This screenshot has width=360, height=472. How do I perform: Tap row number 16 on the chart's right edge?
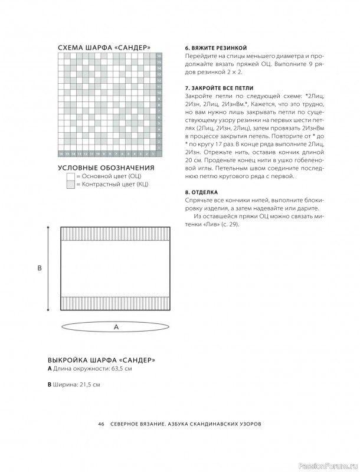click(x=159, y=56)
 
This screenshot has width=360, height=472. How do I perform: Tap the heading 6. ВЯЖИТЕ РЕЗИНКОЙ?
click(x=215, y=47)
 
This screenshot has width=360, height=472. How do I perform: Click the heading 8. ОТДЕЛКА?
click(x=202, y=192)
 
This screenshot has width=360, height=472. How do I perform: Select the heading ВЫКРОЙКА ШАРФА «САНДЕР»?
click(x=101, y=360)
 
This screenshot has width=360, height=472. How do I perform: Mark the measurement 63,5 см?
click(x=119, y=369)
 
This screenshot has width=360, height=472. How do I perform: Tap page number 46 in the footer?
click(x=102, y=424)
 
